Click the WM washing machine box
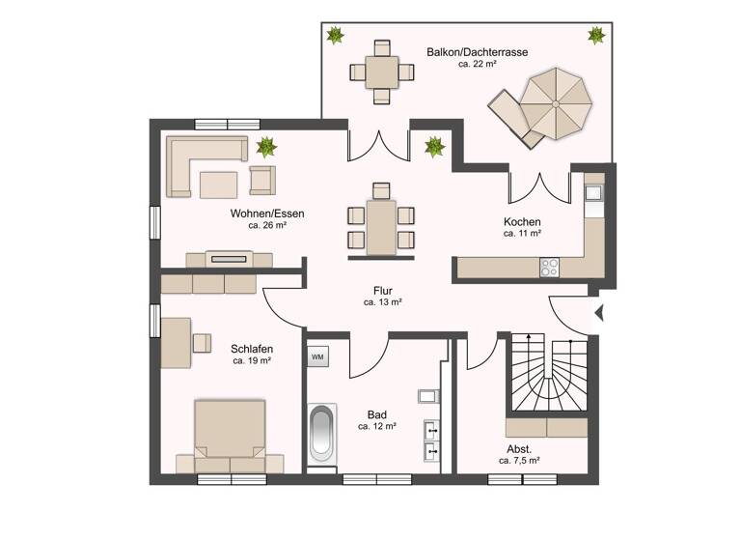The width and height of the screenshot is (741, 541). click(x=317, y=356)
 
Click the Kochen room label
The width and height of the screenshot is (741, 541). click(x=521, y=221)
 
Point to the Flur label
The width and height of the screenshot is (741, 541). click(x=382, y=290)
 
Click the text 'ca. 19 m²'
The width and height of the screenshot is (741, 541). click(x=251, y=360)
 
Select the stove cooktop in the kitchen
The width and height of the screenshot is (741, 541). click(x=551, y=264)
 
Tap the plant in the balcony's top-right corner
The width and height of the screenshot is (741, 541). click(x=595, y=36)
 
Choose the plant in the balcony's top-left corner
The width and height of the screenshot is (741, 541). click(x=335, y=36)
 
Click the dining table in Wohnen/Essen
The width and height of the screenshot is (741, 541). click(x=381, y=227)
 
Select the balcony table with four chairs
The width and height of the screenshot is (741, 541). click(x=381, y=71)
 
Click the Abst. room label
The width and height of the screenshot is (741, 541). click(x=518, y=449)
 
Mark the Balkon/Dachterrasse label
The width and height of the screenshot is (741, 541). click(x=463, y=51)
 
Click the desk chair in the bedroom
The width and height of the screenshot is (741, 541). click(x=202, y=342)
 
